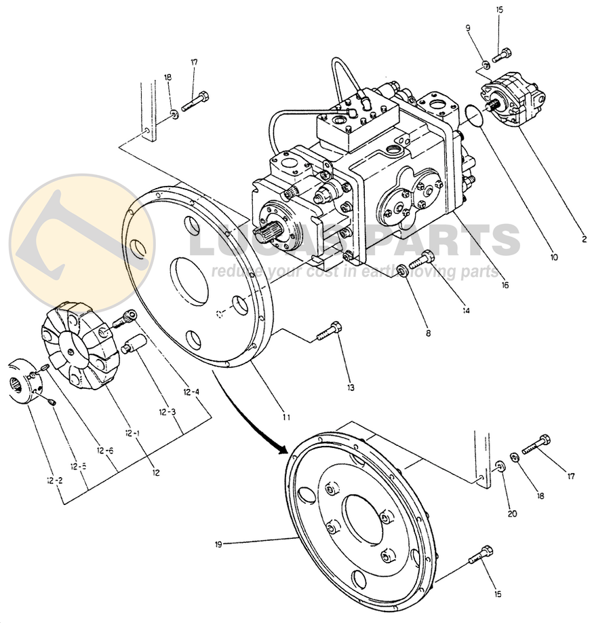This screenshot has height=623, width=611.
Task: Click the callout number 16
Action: [504, 286]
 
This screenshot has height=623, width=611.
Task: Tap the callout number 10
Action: [554, 257]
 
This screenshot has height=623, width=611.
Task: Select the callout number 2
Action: [584, 239]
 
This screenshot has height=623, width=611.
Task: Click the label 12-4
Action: [192, 392]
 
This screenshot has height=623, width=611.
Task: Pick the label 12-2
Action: [54, 480]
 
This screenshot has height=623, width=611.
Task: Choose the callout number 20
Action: [512, 514]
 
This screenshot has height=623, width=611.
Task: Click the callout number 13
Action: [350, 388]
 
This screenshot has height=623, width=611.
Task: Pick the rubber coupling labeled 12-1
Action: [75, 347]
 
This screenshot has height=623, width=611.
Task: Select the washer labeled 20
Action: [500, 466]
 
